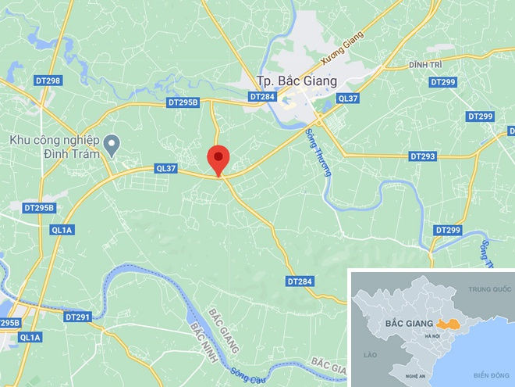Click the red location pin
tap(218, 159)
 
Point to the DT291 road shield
tap(78, 317)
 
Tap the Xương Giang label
tap(343, 48)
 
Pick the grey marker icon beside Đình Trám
tap(112, 142)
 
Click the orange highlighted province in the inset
tap(448, 324)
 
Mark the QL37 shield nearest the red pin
tap(167, 168)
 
